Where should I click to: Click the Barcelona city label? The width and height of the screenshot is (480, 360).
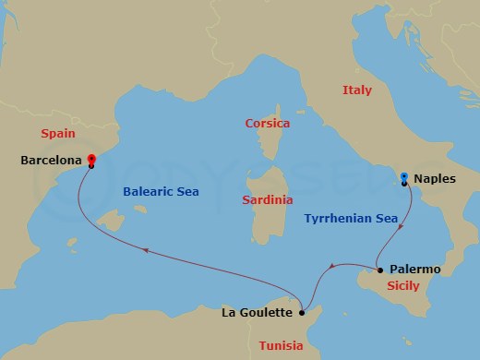tap(49, 161)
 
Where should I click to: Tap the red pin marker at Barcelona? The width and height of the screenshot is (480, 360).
tap(91, 159)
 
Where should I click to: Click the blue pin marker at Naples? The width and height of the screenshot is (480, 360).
tap(404, 177)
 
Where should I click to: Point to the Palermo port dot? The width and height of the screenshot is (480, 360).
tap(379, 270)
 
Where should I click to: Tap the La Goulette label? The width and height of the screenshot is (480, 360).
tap(257, 312)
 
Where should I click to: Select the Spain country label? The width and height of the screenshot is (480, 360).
tap(58, 134)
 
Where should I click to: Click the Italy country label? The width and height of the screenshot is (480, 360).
tap(357, 90)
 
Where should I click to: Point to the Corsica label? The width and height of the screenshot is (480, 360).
tap(267, 123)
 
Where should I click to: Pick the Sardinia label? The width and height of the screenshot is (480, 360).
tap(266, 199)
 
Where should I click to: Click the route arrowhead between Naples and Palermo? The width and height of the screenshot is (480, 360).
tap(399, 223)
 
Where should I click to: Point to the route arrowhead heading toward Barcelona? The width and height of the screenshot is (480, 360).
tap(145, 249)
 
